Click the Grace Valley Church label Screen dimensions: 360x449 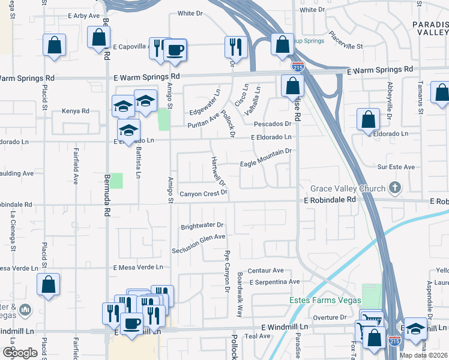(348, 189)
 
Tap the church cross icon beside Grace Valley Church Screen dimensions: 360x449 (394, 188)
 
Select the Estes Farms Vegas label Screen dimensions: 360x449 (325, 300)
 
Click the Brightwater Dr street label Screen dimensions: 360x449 (202, 226)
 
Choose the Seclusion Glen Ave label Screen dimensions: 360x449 (199, 238)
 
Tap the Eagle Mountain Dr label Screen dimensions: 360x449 (265, 163)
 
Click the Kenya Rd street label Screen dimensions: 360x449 (76, 111)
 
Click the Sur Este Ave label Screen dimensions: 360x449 (396, 167)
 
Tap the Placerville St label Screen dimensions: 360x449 (347, 46)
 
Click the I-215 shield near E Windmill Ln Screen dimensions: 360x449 (394, 340)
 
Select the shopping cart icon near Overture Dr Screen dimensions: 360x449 (370, 319)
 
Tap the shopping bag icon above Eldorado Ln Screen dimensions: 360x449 (368, 119)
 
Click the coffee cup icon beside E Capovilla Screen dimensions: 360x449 (175, 50)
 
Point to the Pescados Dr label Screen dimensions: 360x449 (272, 124)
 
